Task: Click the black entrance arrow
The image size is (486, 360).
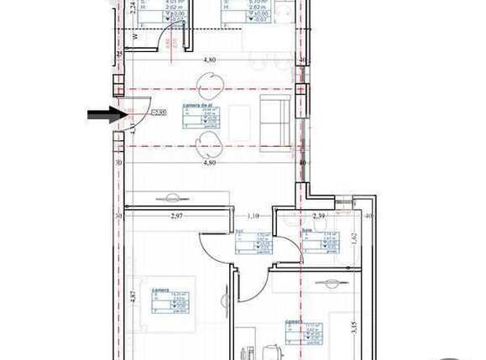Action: pyautogui.click(x=105, y=114)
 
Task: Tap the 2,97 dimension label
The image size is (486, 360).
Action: pyautogui.click(x=177, y=216)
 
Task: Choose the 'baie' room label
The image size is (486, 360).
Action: pyautogui.click(x=309, y=231)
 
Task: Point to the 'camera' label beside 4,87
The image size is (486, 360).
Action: pyautogui.click(x=159, y=290)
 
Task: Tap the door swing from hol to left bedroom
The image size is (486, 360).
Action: pyautogui.click(x=214, y=248)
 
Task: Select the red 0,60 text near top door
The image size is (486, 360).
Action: pyautogui.click(x=168, y=43)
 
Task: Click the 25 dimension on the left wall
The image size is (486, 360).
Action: pyautogui.click(x=119, y=55)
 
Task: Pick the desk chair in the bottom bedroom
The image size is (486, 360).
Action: pyautogui.click(x=270, y=351)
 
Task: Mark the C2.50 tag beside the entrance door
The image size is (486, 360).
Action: pyautogui.click(x=156, y=111)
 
